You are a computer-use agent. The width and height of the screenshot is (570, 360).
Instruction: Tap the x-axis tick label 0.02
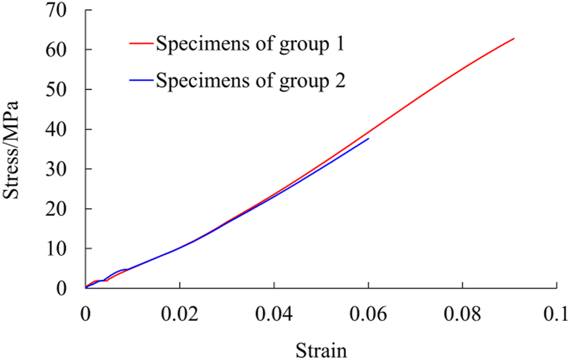(x=179, y=314)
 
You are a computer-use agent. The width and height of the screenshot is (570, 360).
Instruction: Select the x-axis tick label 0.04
(x=273, y=314)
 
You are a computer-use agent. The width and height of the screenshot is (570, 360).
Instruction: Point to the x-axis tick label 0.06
(x=368, y=314)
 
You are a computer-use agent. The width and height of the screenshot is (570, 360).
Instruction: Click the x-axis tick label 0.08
(x=461, y=314)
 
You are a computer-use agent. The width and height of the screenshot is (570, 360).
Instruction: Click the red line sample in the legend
(x=141, y=45)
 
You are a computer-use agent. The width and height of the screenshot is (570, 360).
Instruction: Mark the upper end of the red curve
(x=514, y=39)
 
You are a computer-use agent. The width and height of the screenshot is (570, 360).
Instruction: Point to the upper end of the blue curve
(x=368, y=138)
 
